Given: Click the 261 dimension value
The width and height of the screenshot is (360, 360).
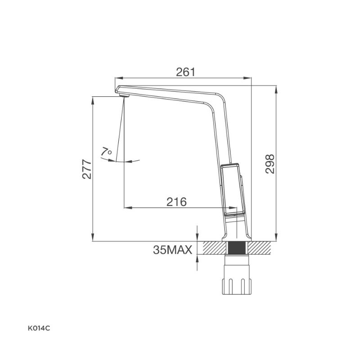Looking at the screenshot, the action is click(185, 72).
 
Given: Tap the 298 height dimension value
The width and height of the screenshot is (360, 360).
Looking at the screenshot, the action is click(270, 164).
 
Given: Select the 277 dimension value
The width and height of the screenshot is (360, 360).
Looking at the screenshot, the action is click(87, 169).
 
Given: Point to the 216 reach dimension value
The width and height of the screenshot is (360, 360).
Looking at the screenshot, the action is click(176, 202).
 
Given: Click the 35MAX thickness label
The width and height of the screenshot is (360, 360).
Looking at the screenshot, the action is click(172, 250).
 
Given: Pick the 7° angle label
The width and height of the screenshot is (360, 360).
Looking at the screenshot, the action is click(106, 152).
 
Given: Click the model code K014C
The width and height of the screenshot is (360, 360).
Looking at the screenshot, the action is click(39, 328).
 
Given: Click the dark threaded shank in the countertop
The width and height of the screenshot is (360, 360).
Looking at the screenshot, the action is click(237, 248).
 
